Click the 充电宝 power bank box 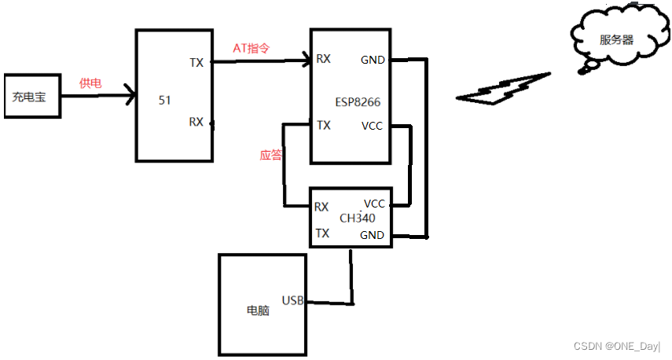click(31, 97)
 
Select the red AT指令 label click(252, 48)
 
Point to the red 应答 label click(270, 155)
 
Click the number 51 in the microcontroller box click(165, 100)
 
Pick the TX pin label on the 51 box click(196, 62)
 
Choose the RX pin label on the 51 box click(196, 122)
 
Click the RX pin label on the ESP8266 click(323, 59)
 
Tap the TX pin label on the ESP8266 click(323, 125)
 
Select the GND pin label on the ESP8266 click(373, 60)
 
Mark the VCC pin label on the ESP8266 click(373, 126)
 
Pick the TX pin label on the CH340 click(322, 233)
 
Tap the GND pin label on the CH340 click(372, 235)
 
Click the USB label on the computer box click(292, 301)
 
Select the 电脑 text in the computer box click(257, 310)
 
